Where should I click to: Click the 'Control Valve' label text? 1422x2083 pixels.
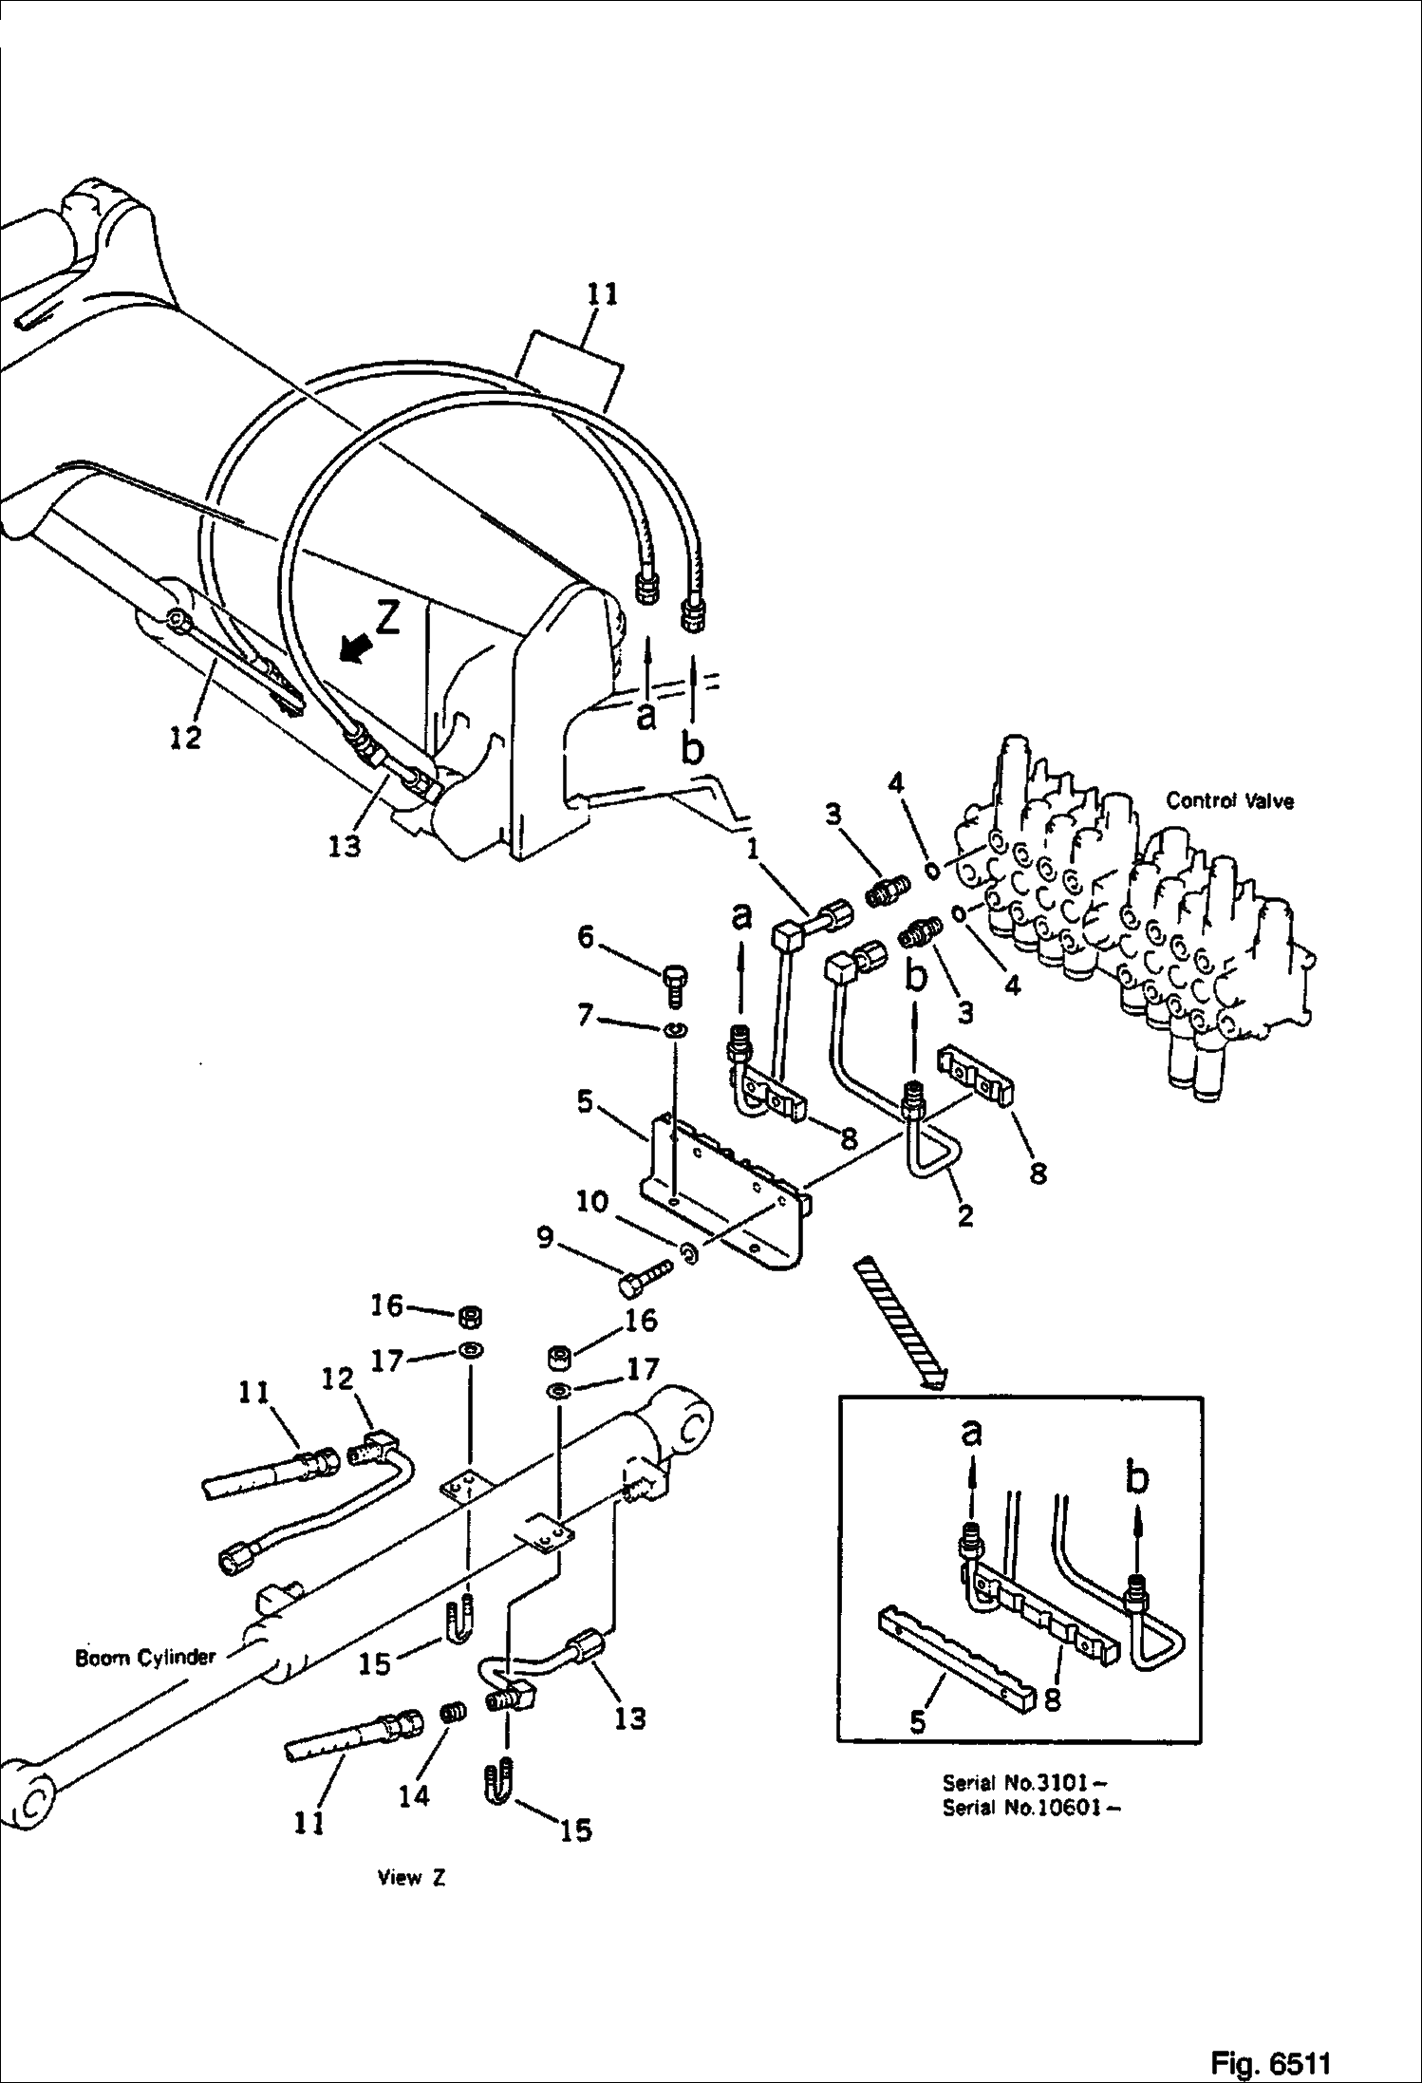coord(1229,800)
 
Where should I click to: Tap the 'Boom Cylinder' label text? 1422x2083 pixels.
coord(146,1657)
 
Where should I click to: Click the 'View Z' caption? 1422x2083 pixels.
coord(411,1877)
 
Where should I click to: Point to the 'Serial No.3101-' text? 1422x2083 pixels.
coord(1027,1782)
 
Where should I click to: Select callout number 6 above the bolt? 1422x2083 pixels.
coord(585,938)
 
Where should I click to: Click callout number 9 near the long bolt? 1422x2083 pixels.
coord(545,1239)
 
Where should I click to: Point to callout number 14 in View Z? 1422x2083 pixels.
coord(414,1795)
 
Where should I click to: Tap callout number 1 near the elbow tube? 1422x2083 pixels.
coord(754,847)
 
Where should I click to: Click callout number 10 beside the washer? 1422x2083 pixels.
coord(591,1202)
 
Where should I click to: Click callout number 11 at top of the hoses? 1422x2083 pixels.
coord(602,294)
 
